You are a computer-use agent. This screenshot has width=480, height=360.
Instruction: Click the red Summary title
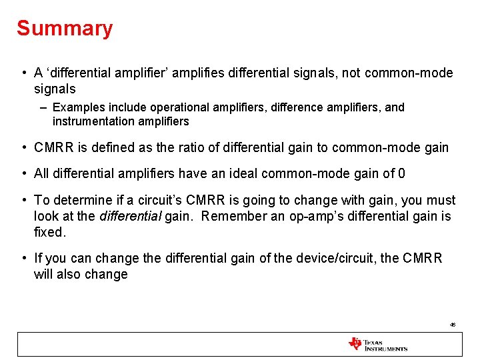tap(65, 29)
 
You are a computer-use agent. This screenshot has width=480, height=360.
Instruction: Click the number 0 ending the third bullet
tap(401, 174)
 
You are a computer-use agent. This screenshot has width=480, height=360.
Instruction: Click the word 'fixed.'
tap(51, 233)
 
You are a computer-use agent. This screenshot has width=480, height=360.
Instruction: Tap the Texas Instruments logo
tap(377, 344)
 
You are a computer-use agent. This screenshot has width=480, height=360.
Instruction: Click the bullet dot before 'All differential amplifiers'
tap(23, 174)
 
